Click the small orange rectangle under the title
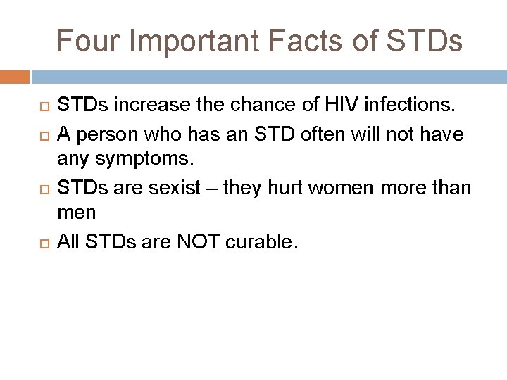[15, 75]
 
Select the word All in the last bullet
[70, 243]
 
